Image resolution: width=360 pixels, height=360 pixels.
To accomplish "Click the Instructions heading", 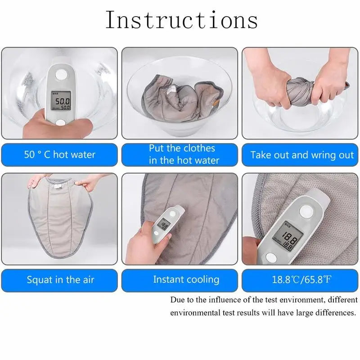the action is point(182,20).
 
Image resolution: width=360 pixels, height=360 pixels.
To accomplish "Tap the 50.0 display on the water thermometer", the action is point(61,100).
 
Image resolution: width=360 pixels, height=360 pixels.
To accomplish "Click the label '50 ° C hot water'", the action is point(59,154).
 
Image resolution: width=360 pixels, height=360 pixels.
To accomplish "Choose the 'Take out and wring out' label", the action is point(302,155).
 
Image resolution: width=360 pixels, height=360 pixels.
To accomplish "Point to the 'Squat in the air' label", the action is point(60,280).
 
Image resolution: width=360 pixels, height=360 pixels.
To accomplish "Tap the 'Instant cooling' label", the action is point(186,279).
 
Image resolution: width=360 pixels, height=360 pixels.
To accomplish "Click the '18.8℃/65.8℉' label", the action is point(301,279).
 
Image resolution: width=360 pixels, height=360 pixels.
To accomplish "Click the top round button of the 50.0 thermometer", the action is point(61,74).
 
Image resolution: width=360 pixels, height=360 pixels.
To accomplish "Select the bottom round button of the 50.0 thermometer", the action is point(61,123).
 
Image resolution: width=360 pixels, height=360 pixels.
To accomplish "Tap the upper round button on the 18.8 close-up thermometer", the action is point(306,210).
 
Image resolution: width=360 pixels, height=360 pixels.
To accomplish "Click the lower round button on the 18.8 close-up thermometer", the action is point(271,257).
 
